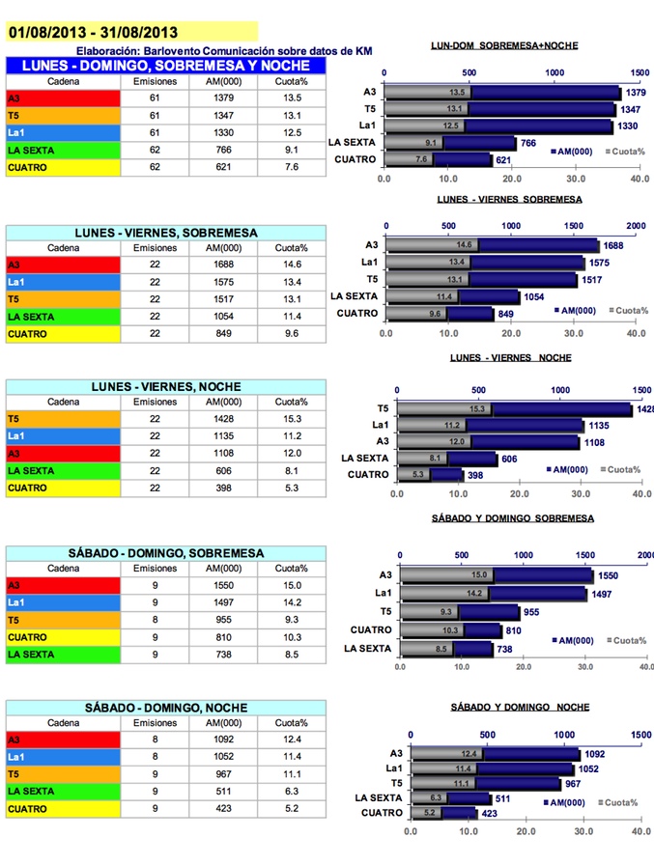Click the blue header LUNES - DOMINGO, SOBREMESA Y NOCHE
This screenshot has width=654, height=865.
point(160,66)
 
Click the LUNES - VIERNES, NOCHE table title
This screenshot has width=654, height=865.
point(160,386)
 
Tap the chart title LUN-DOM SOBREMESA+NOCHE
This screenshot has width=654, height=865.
point(504,45)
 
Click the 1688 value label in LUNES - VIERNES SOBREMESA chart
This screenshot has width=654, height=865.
point(614,245)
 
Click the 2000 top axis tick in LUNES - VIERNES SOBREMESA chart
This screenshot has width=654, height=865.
point(635,225)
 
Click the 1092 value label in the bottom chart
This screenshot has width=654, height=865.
point(595,754)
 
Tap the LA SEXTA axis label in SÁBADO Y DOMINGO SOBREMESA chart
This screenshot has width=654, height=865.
point(368,648)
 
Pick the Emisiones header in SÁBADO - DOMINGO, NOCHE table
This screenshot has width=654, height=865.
point(155,722)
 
